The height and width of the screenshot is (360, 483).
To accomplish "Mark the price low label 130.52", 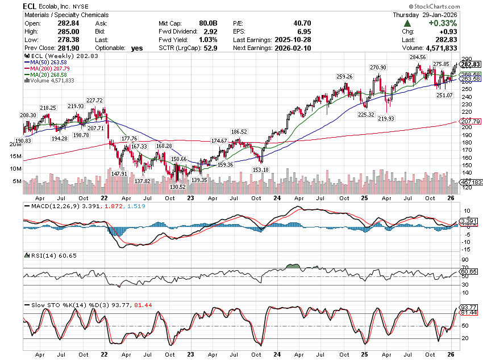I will [x=178, y=187].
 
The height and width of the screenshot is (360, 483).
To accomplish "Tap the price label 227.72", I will [x=94, y=101].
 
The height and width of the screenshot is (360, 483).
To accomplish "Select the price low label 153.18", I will [x=261, y=169].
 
